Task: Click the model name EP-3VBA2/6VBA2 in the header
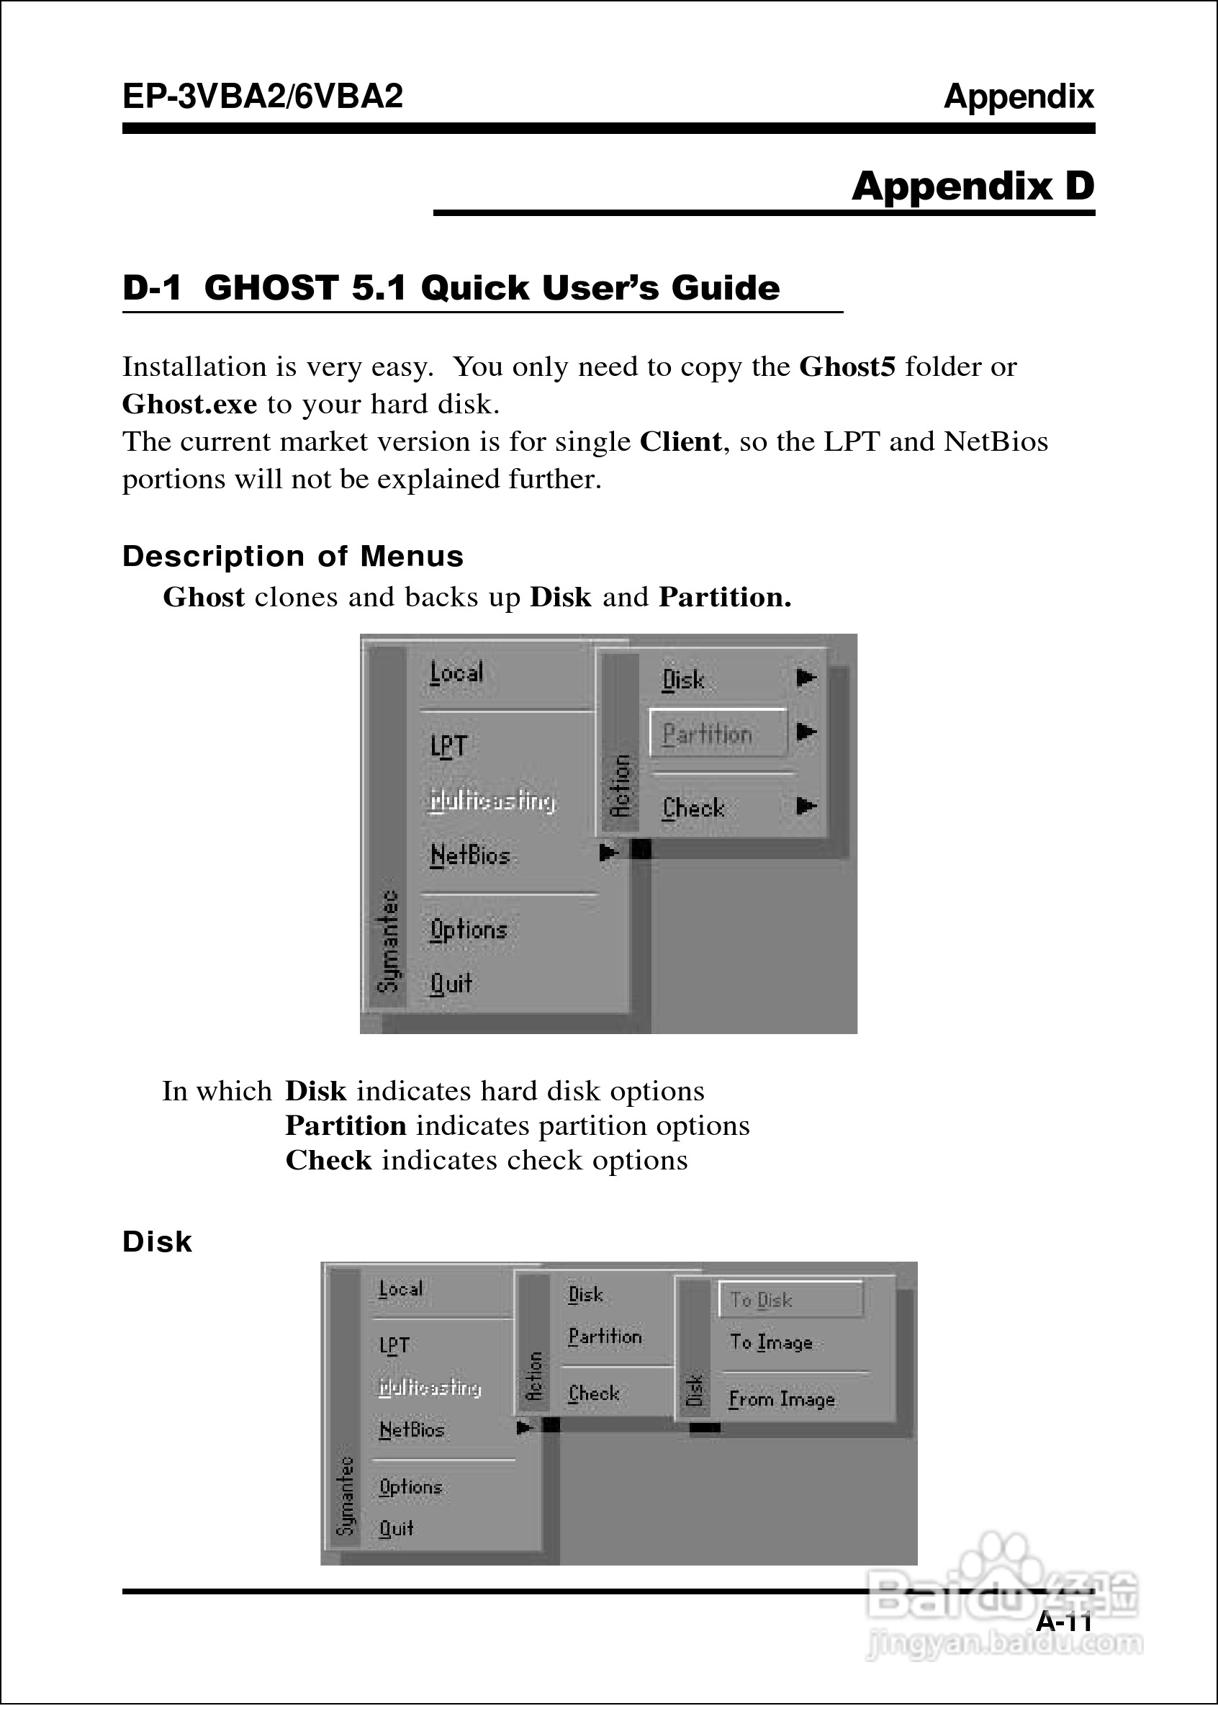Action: [x=263, y=96]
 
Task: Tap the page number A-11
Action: [x=1063, y=1622]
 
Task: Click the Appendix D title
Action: [x=973, y=186]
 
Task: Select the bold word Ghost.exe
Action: [x=189, y=405]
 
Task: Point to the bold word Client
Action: [x=680, y=442]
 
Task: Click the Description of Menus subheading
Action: [x=292, y=557]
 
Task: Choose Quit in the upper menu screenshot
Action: [x=451, y=983]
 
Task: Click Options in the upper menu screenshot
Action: [x=468, y=930]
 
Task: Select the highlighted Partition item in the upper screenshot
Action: [x=707, y=733]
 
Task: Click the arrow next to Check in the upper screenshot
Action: [x=806, y=807]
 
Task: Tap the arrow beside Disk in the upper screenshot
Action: [x=806, y=678]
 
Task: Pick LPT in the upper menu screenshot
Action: [x=448, y=745]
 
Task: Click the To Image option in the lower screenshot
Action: [x=771, y=1342]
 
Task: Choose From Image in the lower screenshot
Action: [x=782, y=1399]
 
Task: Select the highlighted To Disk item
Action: [x=762, y=1299]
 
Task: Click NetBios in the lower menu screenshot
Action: [x=411, y=1429]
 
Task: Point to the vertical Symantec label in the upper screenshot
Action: [x=388, y=941]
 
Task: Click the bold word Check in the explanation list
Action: [x=328, y=1160]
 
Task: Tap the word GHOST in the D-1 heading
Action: [x=271, y=288]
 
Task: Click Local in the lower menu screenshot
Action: [x=400, y=1289]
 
